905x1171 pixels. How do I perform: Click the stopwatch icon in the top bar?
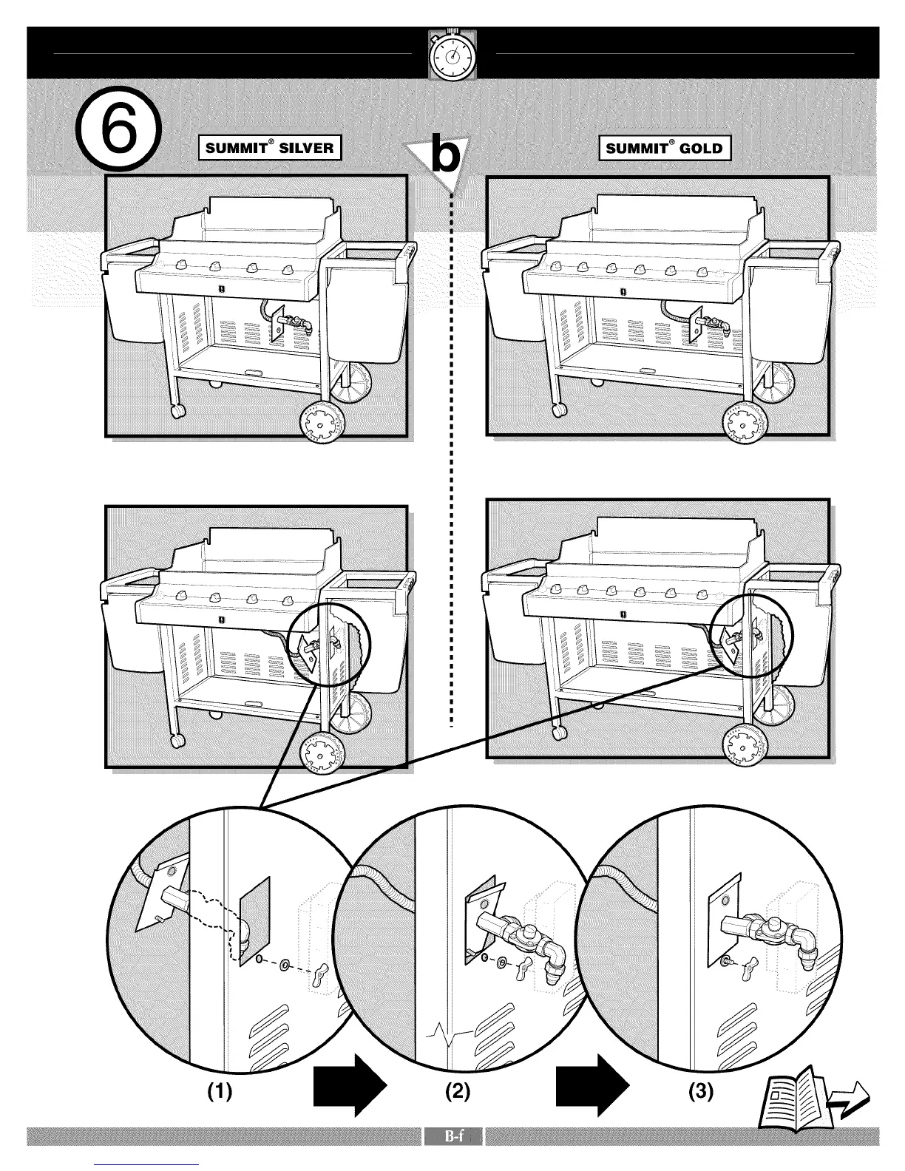click(x=452, y=55)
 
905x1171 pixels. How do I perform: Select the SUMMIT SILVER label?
click(x=270, y=147)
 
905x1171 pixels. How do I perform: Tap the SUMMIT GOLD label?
click(x=663, y=148)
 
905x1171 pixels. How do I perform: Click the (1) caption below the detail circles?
click(x=219, y=1090)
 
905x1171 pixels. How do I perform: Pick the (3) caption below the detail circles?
click(x=700, y=1090)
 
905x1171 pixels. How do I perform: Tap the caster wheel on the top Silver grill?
click(x=177, y=410)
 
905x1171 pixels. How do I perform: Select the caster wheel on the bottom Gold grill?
click(x=559, y=732)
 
